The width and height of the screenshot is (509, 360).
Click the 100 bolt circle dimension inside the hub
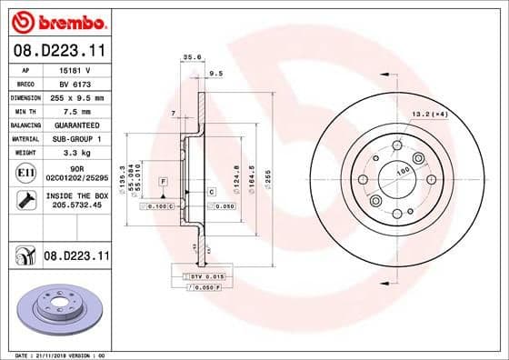[x=401, y=170]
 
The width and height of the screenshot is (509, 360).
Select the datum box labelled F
[x=162, y=182]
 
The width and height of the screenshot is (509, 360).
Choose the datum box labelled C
[x=210, y=192]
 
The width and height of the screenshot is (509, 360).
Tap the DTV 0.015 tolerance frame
[x=205, y=275]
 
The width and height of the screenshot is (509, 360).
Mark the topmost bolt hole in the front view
[x=397, y=146]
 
